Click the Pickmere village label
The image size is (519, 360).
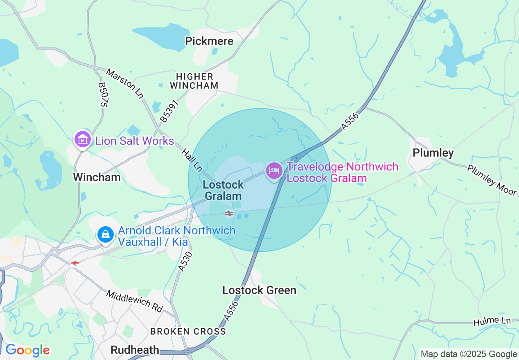(209, 41)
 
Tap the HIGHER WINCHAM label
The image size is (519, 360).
(194, 81)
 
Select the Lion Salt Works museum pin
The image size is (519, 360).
(83, 139)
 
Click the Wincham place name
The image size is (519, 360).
(97, 177)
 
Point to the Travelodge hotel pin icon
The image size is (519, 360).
(274, 170)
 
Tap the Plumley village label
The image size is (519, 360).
(433, 153)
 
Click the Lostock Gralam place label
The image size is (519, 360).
(223, 190)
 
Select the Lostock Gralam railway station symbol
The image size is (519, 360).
(229, 213)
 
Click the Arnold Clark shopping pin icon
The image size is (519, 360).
(106, 234)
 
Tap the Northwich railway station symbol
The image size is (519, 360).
(74, 263)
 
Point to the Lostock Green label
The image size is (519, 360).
(259, 290)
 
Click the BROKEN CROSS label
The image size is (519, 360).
(188, 331)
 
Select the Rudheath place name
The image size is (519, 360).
(135, 350)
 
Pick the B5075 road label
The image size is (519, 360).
(102, 94)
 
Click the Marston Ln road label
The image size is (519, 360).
(125, 83)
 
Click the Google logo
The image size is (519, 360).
(27, 350)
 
